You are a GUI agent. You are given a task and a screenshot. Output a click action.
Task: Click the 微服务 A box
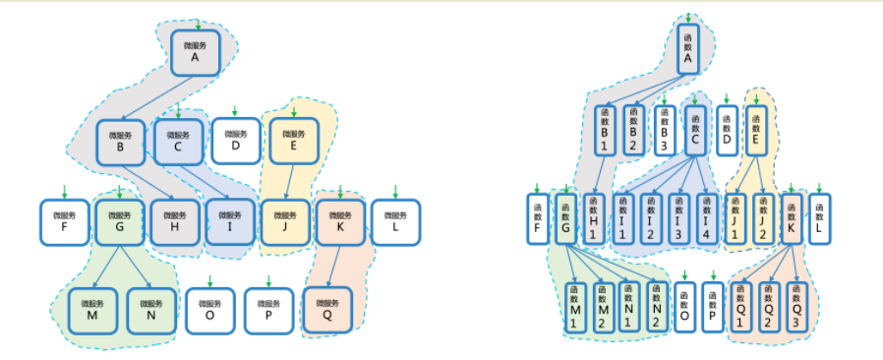pos(195,52)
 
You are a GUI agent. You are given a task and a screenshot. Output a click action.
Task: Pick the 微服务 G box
pos(119,222)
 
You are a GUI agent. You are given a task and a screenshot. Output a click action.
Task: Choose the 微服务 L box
pos(394,222)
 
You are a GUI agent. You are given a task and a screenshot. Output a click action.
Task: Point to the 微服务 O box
pos(209,310)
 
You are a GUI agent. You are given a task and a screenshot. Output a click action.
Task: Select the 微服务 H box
pos(174,222)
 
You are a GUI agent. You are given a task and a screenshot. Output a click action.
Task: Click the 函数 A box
pos(687,48)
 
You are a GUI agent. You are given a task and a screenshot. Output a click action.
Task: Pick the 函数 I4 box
pos(705,217)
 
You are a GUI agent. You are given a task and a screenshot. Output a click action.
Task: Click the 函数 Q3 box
pos(796,306)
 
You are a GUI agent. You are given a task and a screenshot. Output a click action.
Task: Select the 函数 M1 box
pos(574,306)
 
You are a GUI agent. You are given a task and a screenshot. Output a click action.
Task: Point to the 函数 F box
pos(538,218)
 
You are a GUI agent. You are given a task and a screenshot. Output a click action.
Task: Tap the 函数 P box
pos(714,306)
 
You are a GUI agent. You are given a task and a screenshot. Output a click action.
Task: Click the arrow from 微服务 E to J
pos(288,182)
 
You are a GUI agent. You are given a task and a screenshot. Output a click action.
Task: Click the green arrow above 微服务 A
pos(198,24)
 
